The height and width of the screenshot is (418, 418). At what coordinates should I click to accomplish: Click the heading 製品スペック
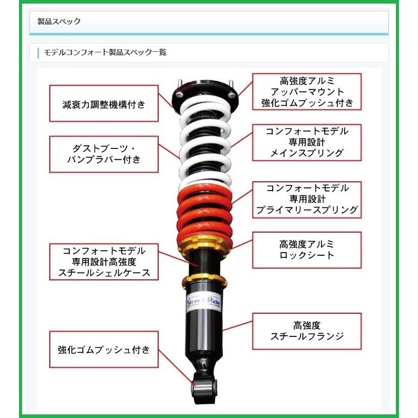tap(60, 22)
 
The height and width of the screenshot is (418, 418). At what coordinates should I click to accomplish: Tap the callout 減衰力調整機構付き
tap(104, 104)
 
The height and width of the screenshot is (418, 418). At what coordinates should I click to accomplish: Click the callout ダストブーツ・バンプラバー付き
tap(104, 154)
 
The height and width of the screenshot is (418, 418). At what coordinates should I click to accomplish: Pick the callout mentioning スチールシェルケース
tap(104, 261)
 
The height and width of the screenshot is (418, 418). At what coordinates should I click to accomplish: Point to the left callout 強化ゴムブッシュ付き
tap(104, 350)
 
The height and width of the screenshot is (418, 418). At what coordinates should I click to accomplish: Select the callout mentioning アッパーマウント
tap(307, 91)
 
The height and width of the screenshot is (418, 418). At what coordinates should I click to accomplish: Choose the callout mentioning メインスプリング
tap(307, 142)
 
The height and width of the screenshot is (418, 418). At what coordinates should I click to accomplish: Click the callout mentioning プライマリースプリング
tap(307, 199)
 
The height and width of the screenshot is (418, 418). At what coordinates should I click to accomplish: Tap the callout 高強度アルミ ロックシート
tap(307, 249)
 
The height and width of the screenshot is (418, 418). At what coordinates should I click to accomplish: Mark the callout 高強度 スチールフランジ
tap(307, 331)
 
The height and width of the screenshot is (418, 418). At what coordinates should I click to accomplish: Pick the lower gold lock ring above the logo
tap(204, 279)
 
